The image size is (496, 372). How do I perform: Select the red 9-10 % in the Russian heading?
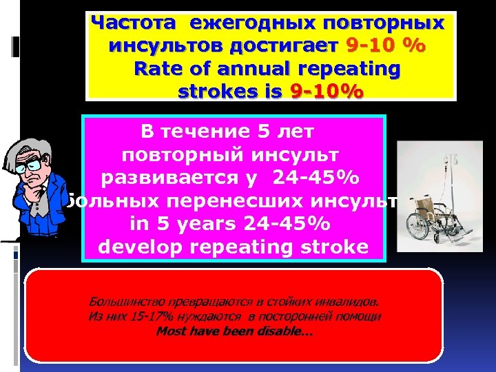(x=386, y=46)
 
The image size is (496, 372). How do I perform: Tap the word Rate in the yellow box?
(x=159, y=69)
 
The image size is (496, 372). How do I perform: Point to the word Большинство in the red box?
(x=120, y=301)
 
